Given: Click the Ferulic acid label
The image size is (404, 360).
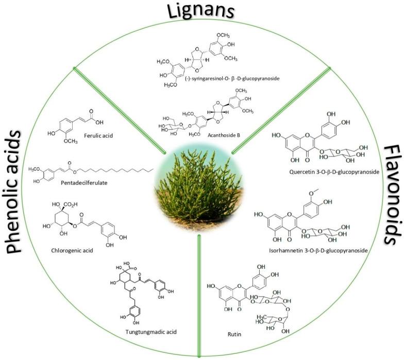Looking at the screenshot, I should (x=97, y=136).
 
